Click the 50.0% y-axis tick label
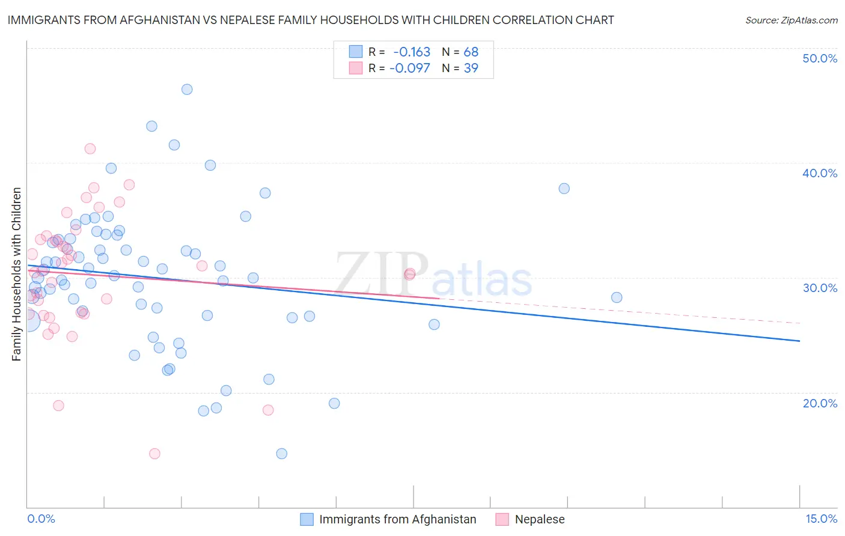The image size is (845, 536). (820, 58)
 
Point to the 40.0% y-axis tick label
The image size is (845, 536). (820, 173)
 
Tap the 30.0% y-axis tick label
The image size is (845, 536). (820, 288)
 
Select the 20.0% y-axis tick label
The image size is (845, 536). (820, 403)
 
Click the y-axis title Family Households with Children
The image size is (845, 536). (16, 274)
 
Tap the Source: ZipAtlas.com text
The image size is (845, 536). (791, 20)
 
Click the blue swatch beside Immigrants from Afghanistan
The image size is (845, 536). (307, 519)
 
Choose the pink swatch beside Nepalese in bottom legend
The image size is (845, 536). (502, 519)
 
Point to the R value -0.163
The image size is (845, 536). (412, 52)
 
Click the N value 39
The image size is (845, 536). (471, 68)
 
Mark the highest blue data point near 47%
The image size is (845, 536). (187, 90)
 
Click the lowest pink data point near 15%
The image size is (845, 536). (154, 454)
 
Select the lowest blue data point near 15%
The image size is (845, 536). (281, 454)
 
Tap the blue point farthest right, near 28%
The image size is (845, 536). (617, 297)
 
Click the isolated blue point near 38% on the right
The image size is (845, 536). (564, 189)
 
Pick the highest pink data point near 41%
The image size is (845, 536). (90, 148)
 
